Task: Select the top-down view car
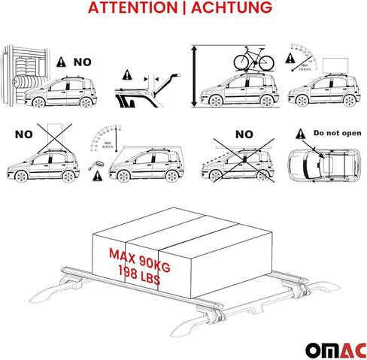pos(319,165)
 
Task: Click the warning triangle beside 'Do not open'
pos(301,132)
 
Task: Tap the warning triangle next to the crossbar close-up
pos(129,74)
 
